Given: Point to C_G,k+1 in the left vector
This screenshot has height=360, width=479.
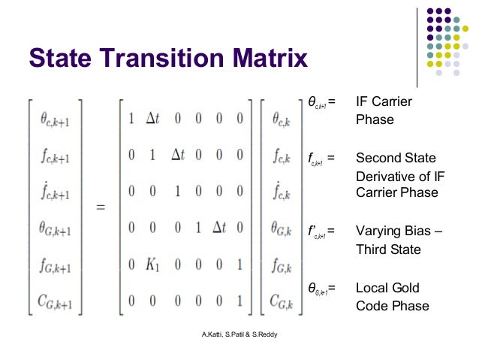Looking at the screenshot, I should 55,302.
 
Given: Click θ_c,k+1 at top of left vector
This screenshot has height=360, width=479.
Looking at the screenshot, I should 55,119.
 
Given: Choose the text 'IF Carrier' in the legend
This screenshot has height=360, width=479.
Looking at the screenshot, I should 384,101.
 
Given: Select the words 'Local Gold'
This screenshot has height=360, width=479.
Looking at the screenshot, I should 387,288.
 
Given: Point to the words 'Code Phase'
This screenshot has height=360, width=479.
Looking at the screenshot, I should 392,306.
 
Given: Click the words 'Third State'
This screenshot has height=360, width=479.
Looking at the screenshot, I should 390,249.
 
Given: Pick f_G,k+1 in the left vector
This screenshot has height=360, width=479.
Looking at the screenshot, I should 55,265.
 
